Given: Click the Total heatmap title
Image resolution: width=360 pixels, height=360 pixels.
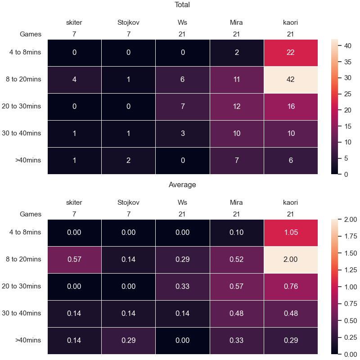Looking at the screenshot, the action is click(182, 5).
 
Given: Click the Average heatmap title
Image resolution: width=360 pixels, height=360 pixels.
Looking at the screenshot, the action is click(182, 185).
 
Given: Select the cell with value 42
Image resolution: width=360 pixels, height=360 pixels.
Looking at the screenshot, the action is click(291, 80).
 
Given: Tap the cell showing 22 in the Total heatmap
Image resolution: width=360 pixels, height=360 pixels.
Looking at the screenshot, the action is click(291, 53).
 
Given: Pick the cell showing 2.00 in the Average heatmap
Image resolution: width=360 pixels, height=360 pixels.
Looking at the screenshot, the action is click(291, 260).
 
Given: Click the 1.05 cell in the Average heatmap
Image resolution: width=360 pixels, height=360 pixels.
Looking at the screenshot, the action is click(291, 233).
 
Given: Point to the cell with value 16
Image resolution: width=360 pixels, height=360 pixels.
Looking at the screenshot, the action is click(291, 107).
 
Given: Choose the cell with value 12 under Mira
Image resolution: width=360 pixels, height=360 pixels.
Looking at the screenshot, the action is click(237, 107).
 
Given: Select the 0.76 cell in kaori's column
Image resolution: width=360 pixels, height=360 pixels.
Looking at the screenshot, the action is click(291, 287).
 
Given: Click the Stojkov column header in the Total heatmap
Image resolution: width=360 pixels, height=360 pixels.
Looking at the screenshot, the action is click(128, 22).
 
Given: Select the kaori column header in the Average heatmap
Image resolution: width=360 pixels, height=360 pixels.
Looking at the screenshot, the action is click(290, 202).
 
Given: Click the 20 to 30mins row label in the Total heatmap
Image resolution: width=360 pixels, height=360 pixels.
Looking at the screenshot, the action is click(21, 106).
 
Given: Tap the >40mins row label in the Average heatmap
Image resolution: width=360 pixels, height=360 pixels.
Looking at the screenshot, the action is click(28, 340).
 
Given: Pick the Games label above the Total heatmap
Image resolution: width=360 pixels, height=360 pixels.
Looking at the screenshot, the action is click(31, 34).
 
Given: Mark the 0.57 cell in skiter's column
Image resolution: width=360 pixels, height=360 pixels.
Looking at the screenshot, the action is click(74, 260).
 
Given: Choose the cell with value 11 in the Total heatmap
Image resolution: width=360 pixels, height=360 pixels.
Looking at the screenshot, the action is click(237, 80).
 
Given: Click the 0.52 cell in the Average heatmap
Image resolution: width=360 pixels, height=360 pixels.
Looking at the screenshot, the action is click(237, 260).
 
